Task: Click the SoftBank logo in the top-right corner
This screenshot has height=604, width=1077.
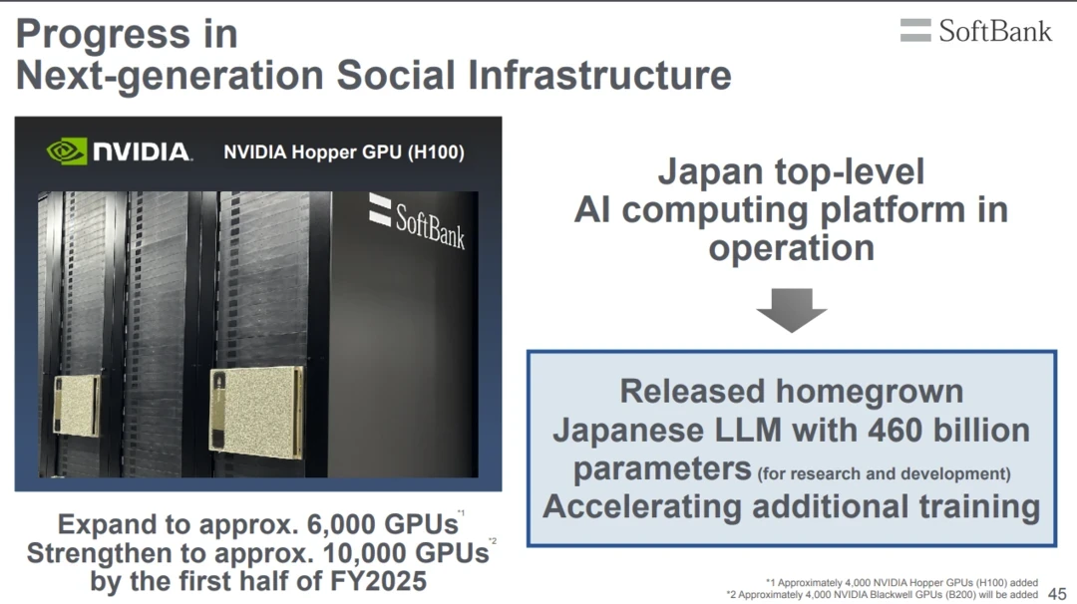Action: [976, 30]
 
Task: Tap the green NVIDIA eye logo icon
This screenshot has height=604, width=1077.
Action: [66, 151]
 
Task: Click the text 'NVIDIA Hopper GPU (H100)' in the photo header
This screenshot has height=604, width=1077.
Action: [344, 151]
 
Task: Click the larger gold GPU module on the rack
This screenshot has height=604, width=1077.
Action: [257, 411]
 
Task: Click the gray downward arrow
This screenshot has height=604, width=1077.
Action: [791, 310]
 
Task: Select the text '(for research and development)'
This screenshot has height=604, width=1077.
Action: [884, 473]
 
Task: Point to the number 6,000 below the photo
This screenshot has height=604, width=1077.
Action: [341, 524]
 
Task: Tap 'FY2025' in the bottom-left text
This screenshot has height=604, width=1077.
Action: [379, 581]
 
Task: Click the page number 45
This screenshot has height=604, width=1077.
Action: [1058, 594]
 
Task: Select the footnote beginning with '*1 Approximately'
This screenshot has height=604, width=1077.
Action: [901, 583]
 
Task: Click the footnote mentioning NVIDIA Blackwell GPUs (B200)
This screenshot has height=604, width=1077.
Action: [883, 594]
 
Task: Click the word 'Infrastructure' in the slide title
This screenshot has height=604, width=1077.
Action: [599, 75]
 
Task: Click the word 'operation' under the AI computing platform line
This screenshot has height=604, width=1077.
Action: [791, 248]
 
